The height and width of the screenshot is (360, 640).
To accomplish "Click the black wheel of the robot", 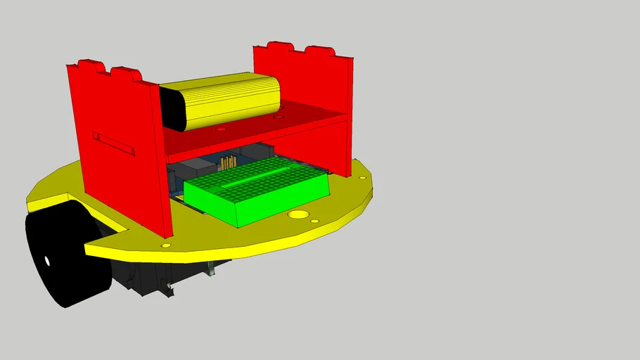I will pyautogui.click(x=67, y=257).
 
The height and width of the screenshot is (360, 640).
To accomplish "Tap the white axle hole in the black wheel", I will pyautogui.click(x=48, y=261).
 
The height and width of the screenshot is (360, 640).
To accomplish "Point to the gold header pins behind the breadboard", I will pyautogui.click(x=227, y=163).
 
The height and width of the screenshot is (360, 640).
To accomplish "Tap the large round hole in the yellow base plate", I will pyautogui.click(x=299, y=214).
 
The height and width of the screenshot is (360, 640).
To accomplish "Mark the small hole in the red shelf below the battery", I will pyautogui.click(x=222, y=130).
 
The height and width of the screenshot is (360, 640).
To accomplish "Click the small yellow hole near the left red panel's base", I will pyautogui.click(x=166, y=245).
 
